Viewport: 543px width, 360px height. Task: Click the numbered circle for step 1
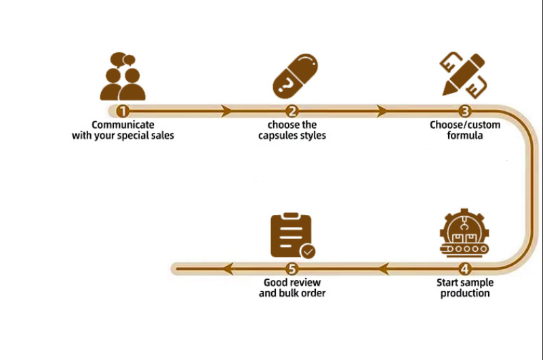click(x=123, y=111)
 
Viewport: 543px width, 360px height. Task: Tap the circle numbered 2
click(x=292, y=111)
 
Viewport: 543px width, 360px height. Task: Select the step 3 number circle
click(x=464, y=111)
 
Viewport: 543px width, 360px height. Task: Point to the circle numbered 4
click(x=464, y=268)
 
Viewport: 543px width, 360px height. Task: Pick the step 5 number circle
click(x=291, y=268)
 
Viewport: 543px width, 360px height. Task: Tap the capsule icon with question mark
click(x=295, y=75)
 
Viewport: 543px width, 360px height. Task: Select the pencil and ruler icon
click(x=464, y=75)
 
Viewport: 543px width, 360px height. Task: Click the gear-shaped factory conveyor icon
click(x=464, y=234)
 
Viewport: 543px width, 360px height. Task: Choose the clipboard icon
click(x=291, y=235)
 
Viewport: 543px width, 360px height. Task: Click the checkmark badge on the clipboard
click(x=308, y=252)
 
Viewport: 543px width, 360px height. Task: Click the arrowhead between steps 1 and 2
click(x=226, y=111)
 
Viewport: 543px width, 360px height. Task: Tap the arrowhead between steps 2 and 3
click(x=382, y=111)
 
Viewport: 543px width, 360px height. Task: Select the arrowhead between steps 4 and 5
click(x=382, y=268)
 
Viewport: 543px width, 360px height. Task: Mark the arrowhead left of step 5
click(x=228, y=268)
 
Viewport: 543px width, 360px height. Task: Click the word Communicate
click(x=123, y=125)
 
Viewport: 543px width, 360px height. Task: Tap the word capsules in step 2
click(x=279, y=136)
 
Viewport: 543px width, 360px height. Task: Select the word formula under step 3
click(x=464, y=136)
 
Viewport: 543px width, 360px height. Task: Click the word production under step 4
click(x=465, y=293)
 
